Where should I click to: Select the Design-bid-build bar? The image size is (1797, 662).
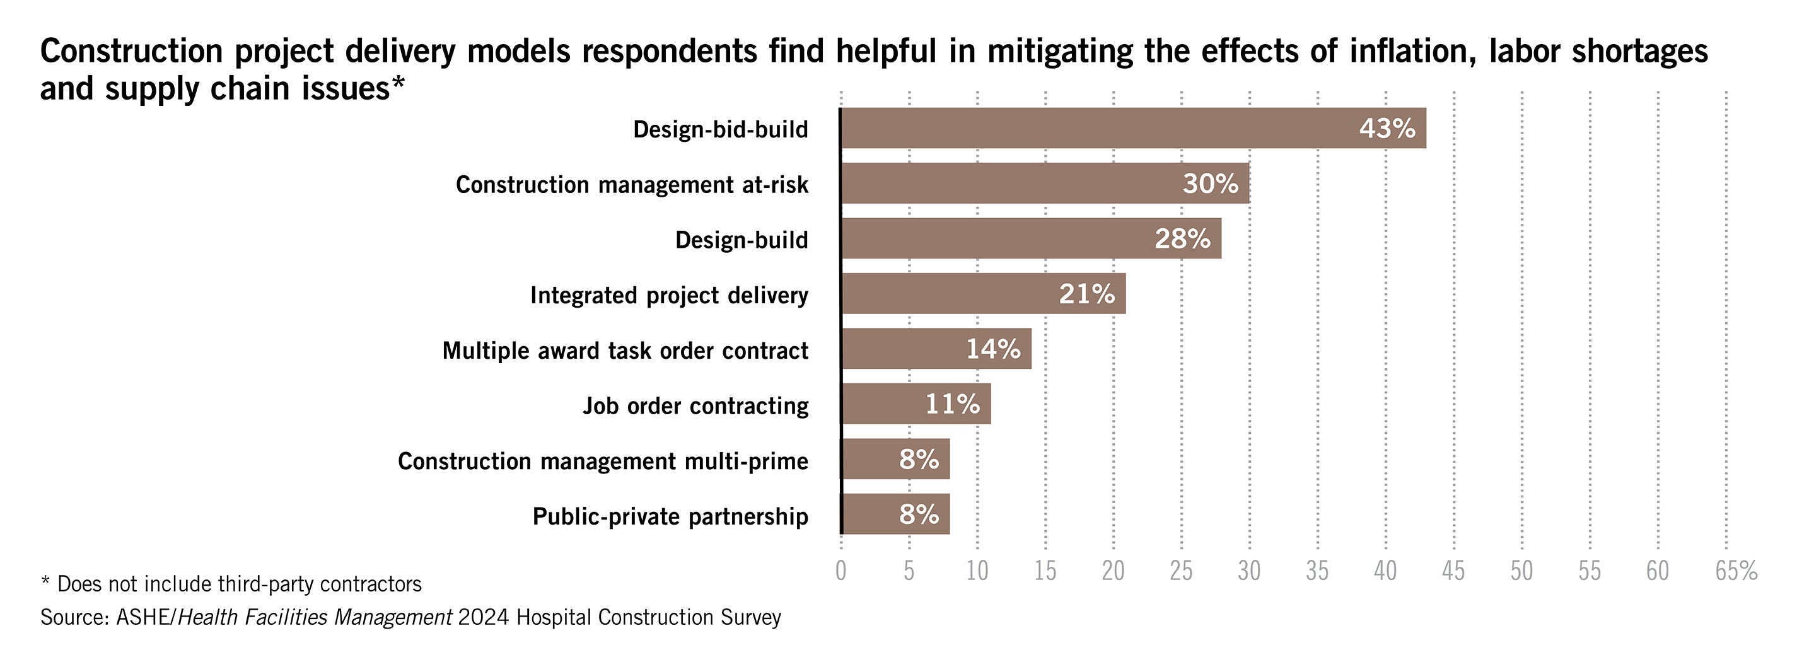click(x=1134, y=129)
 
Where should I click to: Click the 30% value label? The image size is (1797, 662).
click(x=1211, y=183)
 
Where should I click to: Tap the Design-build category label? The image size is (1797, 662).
click(x=741, y=240)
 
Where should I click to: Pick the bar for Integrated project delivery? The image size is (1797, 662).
click(x=983, y=294)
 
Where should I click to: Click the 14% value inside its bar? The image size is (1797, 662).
click(x=992, y=349)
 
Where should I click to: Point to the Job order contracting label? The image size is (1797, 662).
click(x=695, y=406)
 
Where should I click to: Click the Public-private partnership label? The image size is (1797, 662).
click(x=670, y=517)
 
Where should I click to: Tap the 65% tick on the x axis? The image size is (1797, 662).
click(x=1736, y=571)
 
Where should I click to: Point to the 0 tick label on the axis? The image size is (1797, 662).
click(x=840, y=571)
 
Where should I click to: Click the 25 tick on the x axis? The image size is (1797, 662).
click(x=1181, y=571)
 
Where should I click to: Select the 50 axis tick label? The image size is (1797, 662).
click(x=1521, y=571)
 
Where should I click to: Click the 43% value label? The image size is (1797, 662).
click(x=1387, y=129)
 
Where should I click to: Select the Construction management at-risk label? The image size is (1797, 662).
click(x=631, y=185)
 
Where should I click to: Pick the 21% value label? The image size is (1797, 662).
click(x=1086, y=294)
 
